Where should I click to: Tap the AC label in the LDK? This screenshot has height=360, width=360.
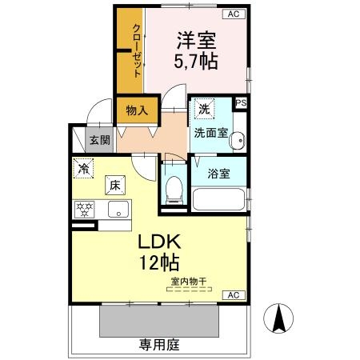pyautogui.click(x=234, y=295)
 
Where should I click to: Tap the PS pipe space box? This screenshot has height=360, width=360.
pyautogui.click(x=241, y=102)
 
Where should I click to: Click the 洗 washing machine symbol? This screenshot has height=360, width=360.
pyautogui.click(x=203, y=109)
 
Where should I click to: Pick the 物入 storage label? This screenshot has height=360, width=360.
pyautogui.click(x=136, y=110)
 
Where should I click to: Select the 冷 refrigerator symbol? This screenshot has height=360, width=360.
pyautogui.click(x=83, y=169)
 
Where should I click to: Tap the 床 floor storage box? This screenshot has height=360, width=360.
pyautogui.click(x=115, y=186)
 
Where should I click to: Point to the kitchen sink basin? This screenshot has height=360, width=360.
pyautogui.click(x=118, y=211)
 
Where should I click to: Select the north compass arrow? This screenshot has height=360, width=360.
pyautogui.click(x=280, y=320)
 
